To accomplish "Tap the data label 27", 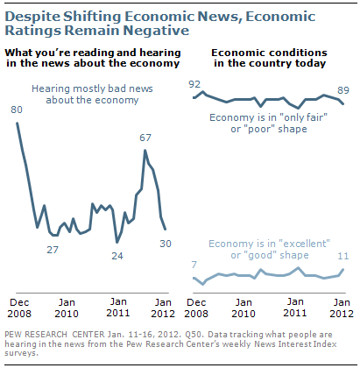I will click(53, 250).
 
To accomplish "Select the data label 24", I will click(116, 256).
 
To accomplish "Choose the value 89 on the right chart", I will click(342, 89).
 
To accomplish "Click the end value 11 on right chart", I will click(344, 257).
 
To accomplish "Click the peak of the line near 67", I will click(145, 150).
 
